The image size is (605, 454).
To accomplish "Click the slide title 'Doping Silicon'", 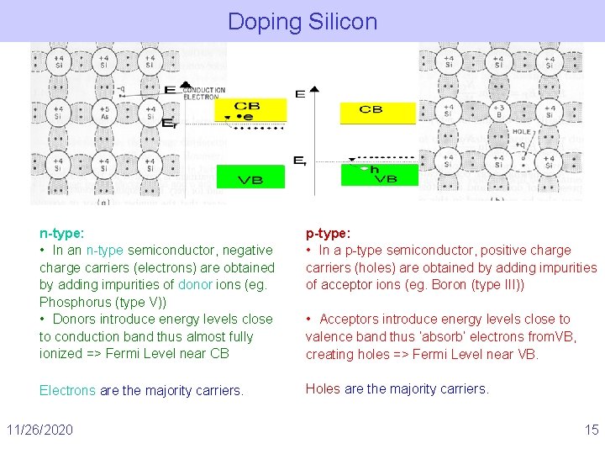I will (x=302, y=21).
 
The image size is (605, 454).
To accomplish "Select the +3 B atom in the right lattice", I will (x=499, y=112).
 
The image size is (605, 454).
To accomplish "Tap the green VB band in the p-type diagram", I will (x=379, y=174).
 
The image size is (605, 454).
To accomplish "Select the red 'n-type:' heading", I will (x=61, y=233).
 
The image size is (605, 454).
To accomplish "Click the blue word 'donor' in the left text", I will (x=195, y=284).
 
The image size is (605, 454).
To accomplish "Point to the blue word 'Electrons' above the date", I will (x=67, y=390).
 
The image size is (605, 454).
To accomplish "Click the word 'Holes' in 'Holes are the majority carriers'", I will (x=323, y=388).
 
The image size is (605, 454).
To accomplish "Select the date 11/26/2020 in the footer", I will (x=39, y=430).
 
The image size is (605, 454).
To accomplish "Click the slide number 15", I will (x=592, y=430).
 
